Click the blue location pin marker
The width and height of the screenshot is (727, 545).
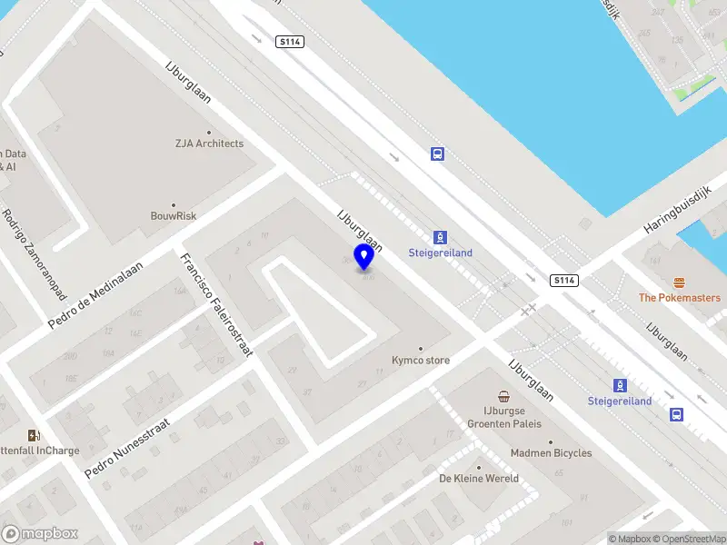click(x=364, y=257)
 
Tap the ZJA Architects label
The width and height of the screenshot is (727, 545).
click(x=210, y=144)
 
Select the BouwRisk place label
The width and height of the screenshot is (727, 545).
click(x=174, y=216)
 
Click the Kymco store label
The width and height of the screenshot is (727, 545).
click(x=420, y=361)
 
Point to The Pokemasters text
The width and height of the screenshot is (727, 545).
click(x=679, y=298)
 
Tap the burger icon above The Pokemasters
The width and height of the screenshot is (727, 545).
click(x=679, y=283)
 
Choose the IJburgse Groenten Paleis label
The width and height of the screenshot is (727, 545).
click(x=504, y=417)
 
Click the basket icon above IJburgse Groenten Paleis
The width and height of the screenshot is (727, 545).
click(x=504, y=397)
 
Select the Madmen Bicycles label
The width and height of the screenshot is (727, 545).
click(x=551, y=453)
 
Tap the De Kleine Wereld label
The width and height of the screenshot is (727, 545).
click(x=479, y=479)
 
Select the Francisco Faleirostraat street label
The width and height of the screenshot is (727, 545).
click(x=215, y=304)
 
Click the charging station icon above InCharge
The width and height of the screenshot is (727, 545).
click(x=34, y=435)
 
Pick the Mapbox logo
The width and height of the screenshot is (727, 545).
click(x=40, y=534)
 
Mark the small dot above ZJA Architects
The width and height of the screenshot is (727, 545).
click(x=210, y=132)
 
